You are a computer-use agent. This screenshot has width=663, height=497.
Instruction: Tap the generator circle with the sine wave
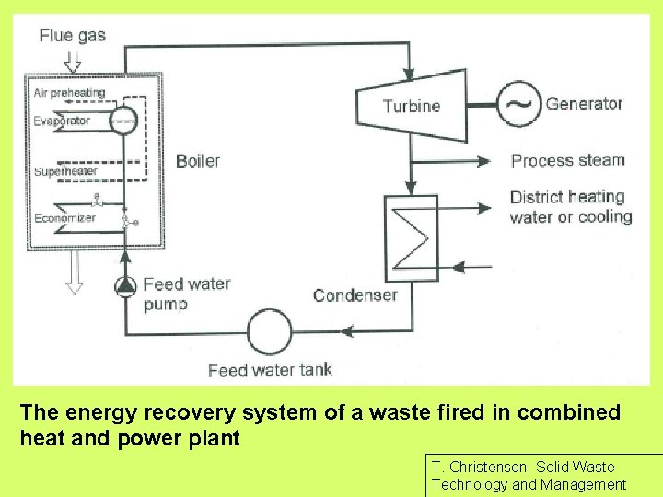tap(520, 103)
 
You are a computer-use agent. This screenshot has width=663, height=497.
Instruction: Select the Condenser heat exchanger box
tap(412, 237)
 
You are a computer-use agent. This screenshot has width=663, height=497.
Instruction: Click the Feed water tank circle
tap(269, 331)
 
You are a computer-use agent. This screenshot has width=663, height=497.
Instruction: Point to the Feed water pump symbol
tap(124, 285)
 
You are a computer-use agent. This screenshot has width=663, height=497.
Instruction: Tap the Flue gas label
tap(73, 37)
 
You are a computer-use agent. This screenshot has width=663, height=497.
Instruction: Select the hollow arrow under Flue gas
tap(73, 61)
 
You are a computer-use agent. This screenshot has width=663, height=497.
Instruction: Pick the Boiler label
tap(198, 161)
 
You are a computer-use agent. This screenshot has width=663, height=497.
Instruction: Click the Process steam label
tap(567, 160)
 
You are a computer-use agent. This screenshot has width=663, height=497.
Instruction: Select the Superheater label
tap(65, 172)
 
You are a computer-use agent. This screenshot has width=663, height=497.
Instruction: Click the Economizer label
tap(64, 218)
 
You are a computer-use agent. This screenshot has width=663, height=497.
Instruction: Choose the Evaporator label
tap(62, 121)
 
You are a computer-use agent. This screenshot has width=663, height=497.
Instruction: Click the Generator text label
tap(584, 103)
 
